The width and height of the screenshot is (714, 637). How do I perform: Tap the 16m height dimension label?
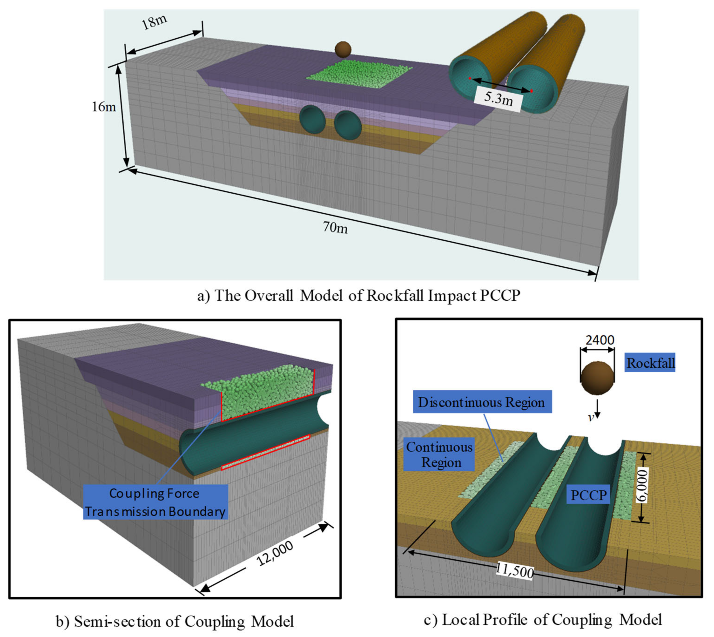[104, 107]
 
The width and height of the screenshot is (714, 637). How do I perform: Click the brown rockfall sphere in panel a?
[343, 49]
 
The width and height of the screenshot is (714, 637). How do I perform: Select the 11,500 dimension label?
[515, 571]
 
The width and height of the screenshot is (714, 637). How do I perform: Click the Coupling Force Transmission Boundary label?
[155, 502]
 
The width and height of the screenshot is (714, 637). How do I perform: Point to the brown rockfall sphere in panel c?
[597, 378]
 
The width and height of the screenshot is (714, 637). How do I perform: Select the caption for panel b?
[175, 621]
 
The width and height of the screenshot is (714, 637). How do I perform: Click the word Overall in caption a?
[268, 296]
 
